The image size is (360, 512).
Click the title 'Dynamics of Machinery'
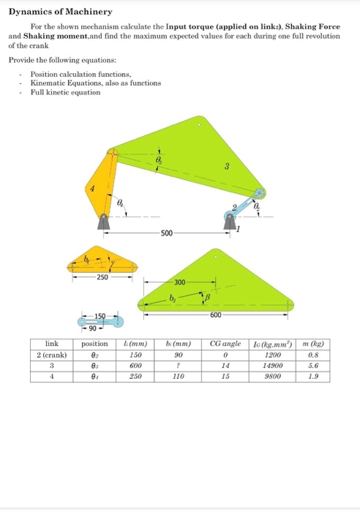click(60, 12)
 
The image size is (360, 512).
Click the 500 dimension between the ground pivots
click(167, 233)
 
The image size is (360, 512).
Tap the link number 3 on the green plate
click(227, 167)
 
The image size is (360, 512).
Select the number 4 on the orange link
click(91, 189)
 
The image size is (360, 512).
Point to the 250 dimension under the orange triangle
click(102, 276)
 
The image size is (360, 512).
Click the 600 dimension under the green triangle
click(215, 315)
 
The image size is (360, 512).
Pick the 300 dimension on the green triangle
click(180, 282)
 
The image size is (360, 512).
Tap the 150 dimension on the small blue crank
click(98, 315)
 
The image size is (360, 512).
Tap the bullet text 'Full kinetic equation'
click(60, 91)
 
